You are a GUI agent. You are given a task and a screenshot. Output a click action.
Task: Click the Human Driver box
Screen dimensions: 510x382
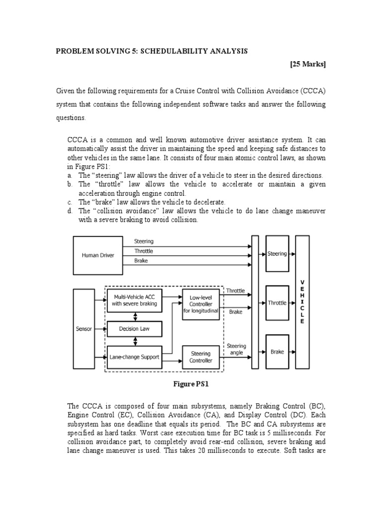pyautogui.click(x=98, y=255)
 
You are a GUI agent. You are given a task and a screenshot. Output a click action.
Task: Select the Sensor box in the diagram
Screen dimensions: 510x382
pyautogui.click(x=84, y=329)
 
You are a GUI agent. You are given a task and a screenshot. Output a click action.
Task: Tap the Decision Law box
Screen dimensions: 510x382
pyautogui.click(x=134, y=329)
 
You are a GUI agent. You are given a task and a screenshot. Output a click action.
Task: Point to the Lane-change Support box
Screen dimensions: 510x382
pyautogui.click(x=134, y=357)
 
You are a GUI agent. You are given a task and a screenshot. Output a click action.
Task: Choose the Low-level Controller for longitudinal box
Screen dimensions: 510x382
pyautogui.click(x=201, y=304)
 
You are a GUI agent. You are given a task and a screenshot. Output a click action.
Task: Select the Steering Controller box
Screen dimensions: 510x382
pyautogui.click(x=201, y=357)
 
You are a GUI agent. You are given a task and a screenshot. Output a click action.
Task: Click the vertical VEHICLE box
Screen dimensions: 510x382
pyautogui.click(x=302, y=302)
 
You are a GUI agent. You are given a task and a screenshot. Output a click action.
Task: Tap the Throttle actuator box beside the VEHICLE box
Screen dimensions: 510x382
pyautogui.click(x=277, y=303)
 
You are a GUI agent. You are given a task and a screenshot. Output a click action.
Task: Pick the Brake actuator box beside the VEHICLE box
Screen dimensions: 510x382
pyautogui.click(x=277, y=352)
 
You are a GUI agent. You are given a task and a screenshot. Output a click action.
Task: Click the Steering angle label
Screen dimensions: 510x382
pyautogui.click(x=236, y=349)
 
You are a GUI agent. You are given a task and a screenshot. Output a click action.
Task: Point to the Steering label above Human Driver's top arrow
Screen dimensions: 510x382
pyautogui.click(x=144, y=242)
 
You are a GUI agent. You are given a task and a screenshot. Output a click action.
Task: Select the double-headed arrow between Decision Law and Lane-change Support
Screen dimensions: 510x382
pyautogui.click(x=134, y=342)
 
